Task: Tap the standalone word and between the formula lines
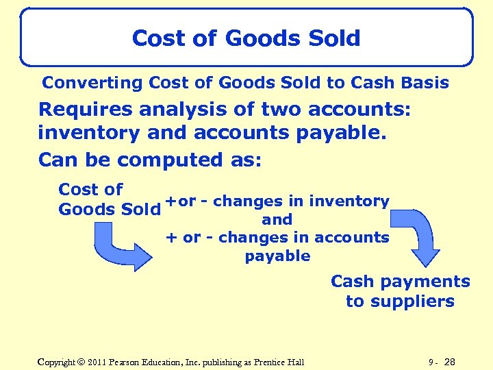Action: click(277, 220)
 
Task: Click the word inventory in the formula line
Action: click(349, 201)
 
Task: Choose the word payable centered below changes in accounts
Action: click(277, 256)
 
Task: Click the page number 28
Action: click(450, 362)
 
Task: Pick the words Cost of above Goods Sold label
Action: click(90, 189)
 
